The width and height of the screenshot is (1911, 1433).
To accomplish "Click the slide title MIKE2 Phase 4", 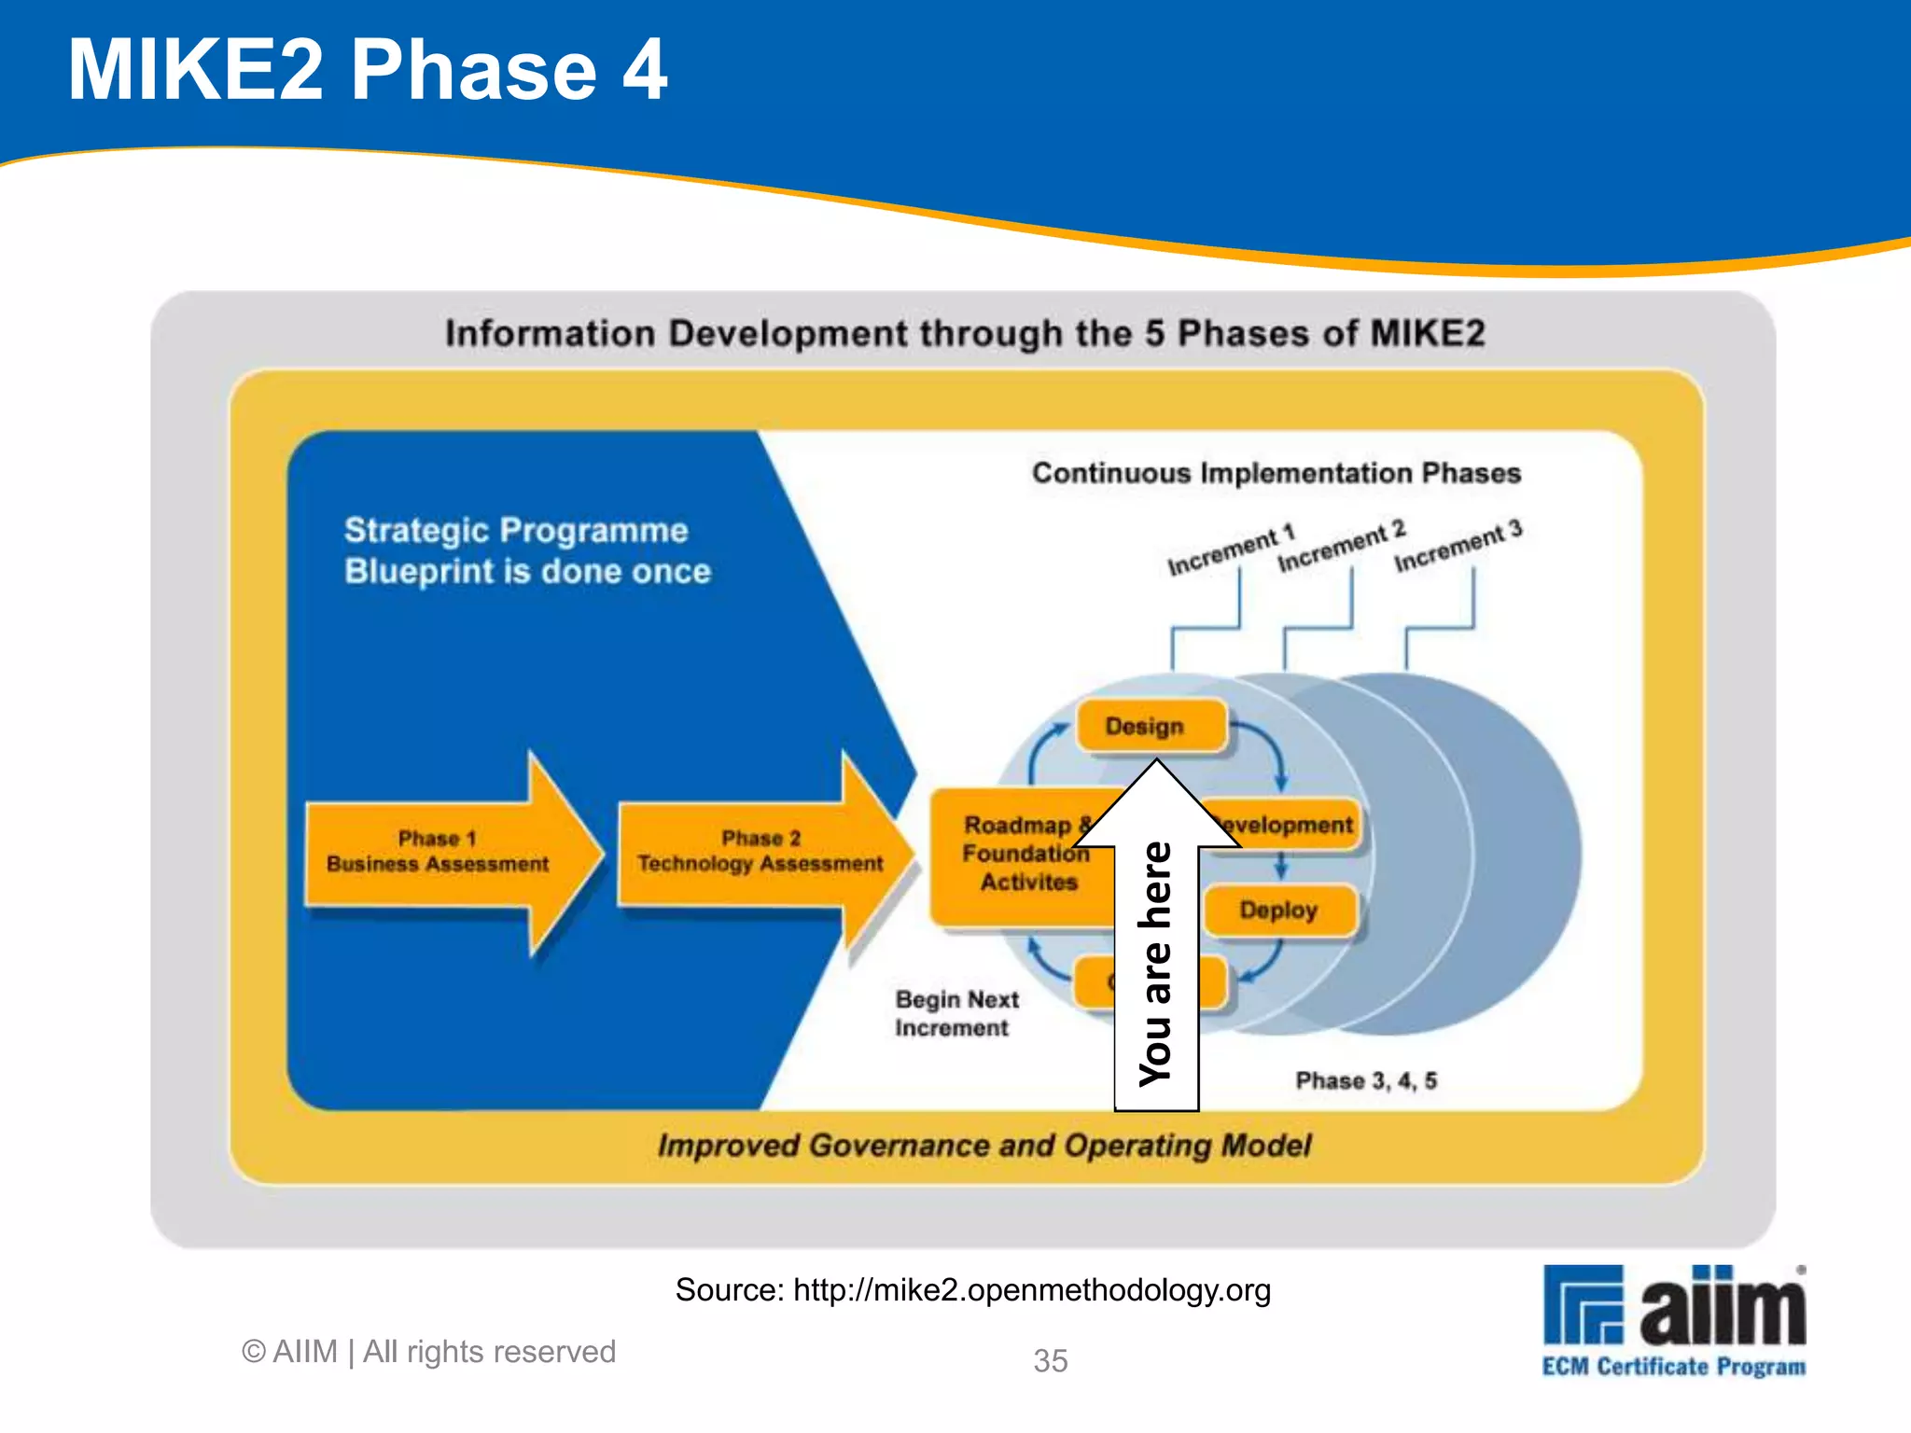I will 367,70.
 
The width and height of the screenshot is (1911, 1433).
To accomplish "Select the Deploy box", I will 1278,910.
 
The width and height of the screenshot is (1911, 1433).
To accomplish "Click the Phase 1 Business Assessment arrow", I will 439,852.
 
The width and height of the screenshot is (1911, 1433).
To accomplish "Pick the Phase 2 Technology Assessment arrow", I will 760,852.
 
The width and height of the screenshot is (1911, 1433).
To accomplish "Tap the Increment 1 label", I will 1231,550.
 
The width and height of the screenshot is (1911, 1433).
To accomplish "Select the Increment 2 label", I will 1341,548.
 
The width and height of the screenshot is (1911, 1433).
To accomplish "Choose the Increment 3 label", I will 1458,547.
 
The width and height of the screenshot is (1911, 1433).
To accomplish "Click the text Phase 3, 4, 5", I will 1366,1080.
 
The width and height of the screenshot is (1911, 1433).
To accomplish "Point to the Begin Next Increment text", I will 955,1013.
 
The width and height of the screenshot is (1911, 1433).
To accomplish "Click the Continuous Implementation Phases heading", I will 1276,473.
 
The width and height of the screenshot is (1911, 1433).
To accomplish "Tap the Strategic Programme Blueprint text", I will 527,550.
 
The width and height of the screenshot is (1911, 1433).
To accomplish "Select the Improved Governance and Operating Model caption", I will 983,1146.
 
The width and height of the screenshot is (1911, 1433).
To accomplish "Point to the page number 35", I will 1050,1361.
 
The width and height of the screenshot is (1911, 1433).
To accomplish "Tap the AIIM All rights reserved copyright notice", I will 428,1352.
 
